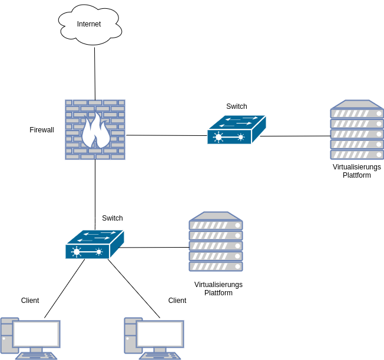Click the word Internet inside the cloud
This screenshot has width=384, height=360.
(x=89, y=24)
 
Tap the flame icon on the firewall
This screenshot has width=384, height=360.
(x=95, y=131)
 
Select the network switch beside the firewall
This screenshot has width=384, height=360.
(x=236, y=130)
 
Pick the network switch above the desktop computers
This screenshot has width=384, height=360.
(x=94, y=245)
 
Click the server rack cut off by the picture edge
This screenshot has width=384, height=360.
(x=357, y=130)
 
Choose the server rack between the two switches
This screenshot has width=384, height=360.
(x=216, y=242)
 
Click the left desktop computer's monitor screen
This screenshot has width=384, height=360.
(x=37, y=334)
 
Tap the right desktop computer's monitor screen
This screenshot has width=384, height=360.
(x=160, y=334)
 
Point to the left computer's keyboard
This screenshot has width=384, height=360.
(x=37, y=356)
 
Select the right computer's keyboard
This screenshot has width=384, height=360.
(x=160, y=356)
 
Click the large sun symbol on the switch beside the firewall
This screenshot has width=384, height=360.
(x=219, y=137)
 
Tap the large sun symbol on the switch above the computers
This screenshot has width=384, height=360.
(x=77, y=252)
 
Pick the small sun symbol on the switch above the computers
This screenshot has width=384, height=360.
(x=99, y=252)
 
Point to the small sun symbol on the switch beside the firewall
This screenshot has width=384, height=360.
(x=241, y=137)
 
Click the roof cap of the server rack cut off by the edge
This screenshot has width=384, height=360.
(x=357, y=104)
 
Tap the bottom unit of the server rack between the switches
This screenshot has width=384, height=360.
(x=216, y=266)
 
